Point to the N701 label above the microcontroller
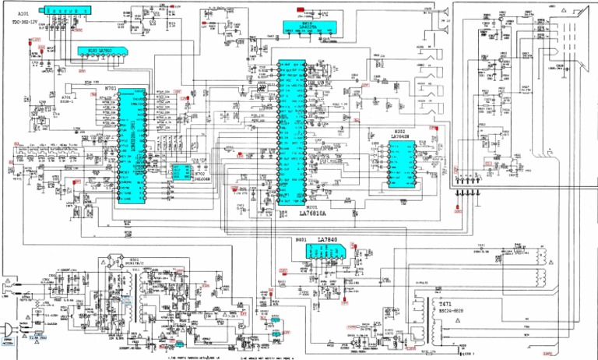point(111,89)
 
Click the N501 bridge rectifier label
point(134,259)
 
